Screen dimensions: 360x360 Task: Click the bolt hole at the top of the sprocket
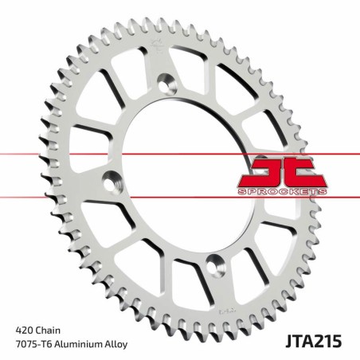[x=167, y=80]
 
